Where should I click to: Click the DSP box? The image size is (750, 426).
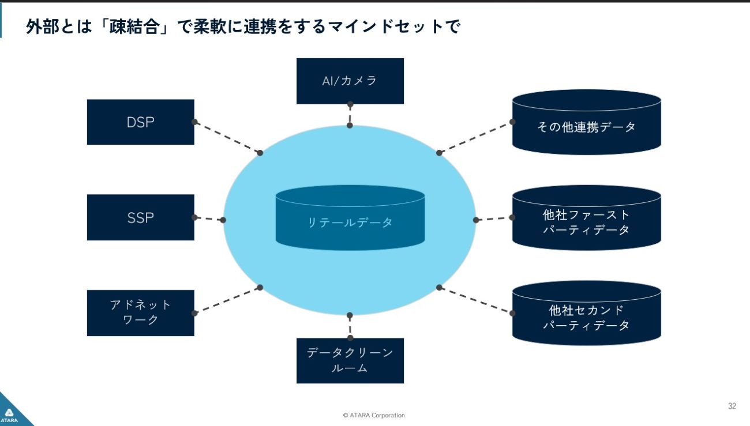(140, 122)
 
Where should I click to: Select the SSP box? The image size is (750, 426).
(140, 217)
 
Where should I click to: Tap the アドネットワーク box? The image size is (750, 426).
(140, 312)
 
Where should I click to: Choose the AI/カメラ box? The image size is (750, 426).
(350, 81)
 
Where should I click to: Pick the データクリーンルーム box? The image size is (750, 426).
(350, 360)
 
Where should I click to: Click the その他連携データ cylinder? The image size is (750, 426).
(586, 123)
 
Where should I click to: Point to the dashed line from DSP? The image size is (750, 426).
(227, 137)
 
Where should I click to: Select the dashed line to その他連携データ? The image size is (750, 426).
(475, 137)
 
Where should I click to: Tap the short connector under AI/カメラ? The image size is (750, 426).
(350, 115)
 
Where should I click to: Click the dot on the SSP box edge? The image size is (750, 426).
(194, 217)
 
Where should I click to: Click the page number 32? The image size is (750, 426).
(732, 406)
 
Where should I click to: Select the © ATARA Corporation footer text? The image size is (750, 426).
(373, 415)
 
